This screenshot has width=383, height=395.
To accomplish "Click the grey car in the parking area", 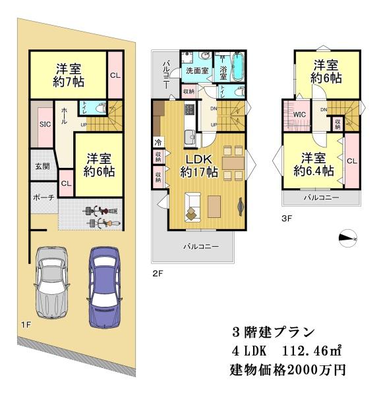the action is pyautogui.click(x=51, y=282).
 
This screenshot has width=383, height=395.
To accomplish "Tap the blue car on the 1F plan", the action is pyautogui.click(x=104, y=287).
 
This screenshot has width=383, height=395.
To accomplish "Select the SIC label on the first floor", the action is pyautogui.click(x=45, y=124).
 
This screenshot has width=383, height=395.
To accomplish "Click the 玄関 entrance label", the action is pyautogui.click(x=42, y=167).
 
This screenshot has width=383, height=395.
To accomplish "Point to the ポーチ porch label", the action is pyautogui.click(x=44, y=197).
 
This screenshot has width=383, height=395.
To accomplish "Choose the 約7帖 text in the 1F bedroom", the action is pyautogui.click(x=69, y=82).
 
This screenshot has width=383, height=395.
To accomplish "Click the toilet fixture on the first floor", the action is pyautogui.click(x=102, y=109).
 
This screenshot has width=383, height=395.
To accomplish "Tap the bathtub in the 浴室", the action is pyautogui.click(x=238, y=66).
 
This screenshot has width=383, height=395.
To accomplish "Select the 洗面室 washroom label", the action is pyautogui.click(x=197, y=71).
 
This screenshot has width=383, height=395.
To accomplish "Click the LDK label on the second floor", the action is pyautogui.click(x=199, y=159).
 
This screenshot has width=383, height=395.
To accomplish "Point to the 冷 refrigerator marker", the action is pyautogui.click(x=158, y=143).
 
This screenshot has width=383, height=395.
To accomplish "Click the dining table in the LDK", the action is pyautogui.click(x=233, y=163).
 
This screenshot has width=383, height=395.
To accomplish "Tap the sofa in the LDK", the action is pyautogui.click(x=192, y=207).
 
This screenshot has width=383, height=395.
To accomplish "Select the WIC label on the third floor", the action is pyautogui.click(x=299, y=115).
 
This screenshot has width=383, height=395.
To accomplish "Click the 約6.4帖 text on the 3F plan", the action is pyautogui.click(x=314, y=171).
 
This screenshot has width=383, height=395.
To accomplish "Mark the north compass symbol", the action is pyautogui.click(x=348, y=238).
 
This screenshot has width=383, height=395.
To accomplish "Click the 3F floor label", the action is pyautogui.click(x=287, y=219).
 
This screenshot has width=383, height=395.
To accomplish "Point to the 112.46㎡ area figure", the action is pyautogui.click(x=312, y=351).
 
